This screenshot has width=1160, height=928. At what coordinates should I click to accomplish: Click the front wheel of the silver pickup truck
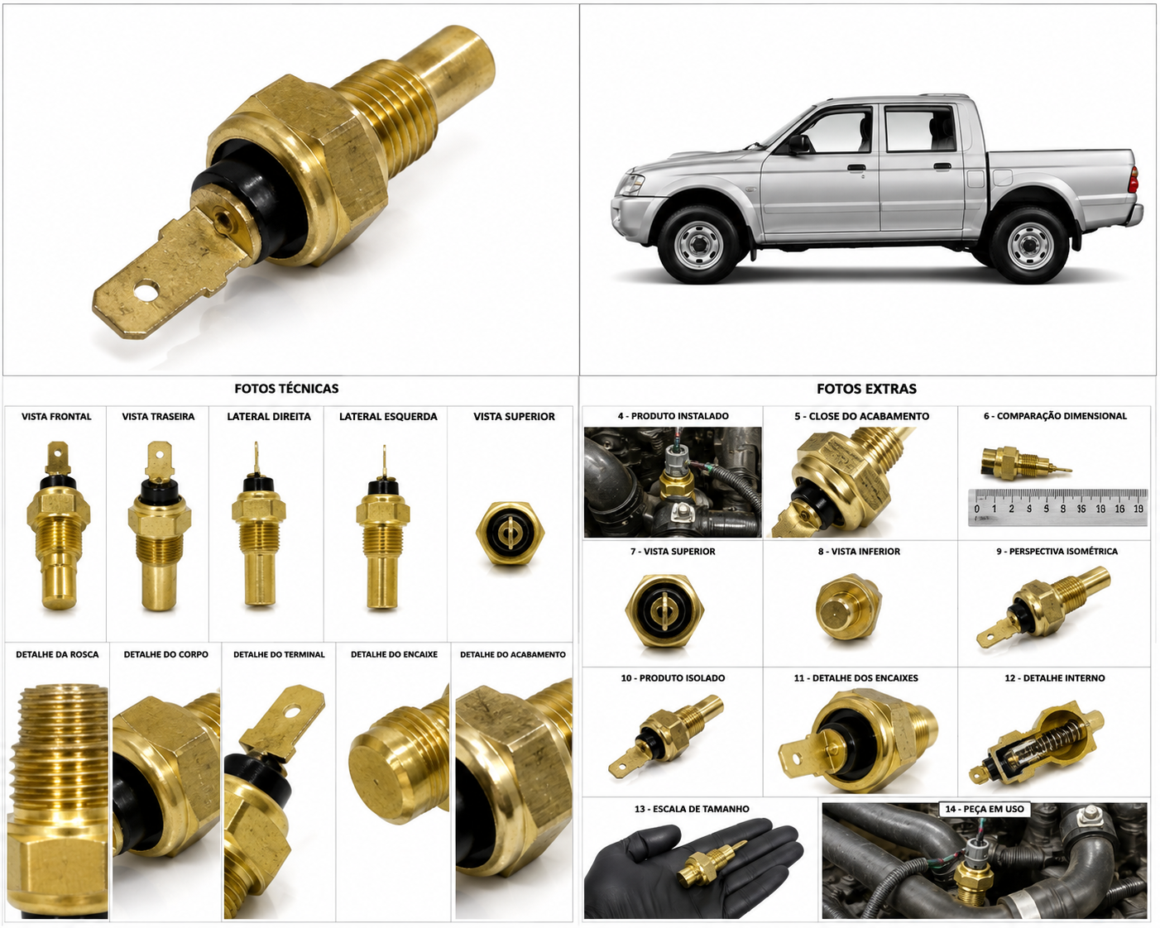698,244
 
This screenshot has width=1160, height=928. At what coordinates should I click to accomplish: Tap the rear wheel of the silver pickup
1030,245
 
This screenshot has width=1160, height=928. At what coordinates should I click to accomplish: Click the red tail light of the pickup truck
1134,179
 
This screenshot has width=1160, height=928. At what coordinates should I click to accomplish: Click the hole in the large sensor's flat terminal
145,292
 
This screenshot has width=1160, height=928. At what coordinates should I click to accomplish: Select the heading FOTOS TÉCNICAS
287,389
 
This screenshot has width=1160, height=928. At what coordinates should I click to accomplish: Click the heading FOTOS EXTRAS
866,389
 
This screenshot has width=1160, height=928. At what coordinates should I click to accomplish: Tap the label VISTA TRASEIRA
158,417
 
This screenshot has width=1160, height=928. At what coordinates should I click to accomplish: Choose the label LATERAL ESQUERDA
388,417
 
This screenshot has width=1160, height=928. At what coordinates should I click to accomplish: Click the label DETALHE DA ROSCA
57,654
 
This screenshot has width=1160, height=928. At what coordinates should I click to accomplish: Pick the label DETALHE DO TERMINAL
279,654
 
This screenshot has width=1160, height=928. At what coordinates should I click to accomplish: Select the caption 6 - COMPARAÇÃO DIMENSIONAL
1055,416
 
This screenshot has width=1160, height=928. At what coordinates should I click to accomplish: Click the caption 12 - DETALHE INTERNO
1054,678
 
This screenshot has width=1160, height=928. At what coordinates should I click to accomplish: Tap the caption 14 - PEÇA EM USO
985,809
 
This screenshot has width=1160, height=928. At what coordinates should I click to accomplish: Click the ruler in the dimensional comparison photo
1057,507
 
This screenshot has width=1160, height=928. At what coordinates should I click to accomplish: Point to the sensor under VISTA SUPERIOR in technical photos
510,533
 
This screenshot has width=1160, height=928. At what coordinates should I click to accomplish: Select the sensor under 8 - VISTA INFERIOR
848,607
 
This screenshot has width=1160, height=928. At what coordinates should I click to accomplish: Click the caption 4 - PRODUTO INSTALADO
673,416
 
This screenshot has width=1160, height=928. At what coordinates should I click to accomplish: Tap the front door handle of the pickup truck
856,168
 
